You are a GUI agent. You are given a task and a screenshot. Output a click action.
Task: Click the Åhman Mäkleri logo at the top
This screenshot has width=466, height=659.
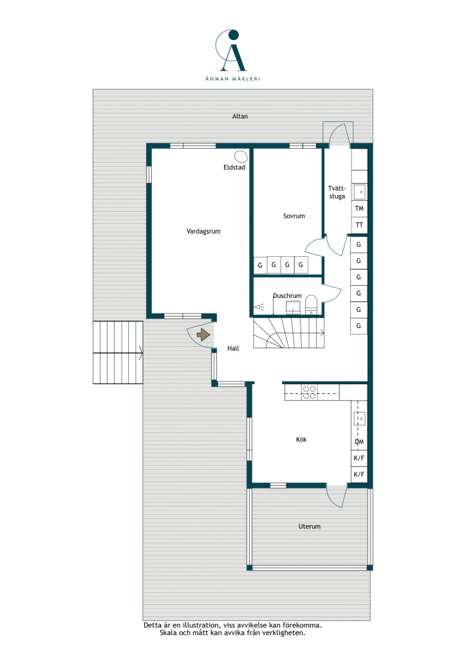click(x=232, y=55)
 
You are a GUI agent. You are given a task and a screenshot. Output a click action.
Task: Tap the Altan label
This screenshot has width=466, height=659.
click(x=240, y=116)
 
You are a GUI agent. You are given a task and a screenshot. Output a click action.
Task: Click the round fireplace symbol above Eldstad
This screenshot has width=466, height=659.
click(x=241, y=157)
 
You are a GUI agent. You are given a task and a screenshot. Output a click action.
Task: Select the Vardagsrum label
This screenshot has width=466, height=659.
click(x=203, y=231)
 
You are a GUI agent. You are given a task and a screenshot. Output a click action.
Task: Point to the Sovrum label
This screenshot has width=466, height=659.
click(x=294, y=216)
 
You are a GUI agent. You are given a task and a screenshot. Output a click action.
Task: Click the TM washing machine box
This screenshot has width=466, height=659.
click(x=359, y=209)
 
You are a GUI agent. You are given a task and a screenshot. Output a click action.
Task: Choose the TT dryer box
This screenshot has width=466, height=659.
click(x=359, y=225)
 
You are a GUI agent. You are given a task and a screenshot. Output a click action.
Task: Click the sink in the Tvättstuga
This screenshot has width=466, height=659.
click(x=360, y=192)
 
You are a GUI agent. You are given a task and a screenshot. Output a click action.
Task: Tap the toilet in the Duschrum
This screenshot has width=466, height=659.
click(x=311, y=304)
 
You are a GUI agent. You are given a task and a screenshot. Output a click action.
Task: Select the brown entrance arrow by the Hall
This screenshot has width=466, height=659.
click(x=203, y=335)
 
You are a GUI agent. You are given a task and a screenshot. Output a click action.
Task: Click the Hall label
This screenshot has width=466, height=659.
click(x=233, y=348)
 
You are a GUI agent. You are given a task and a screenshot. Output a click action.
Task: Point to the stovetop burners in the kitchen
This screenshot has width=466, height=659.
click(x=310, y=393)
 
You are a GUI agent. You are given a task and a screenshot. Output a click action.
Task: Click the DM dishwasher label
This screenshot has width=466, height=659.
click(x=359, y=441)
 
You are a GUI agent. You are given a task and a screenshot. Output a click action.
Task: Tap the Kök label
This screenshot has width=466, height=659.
click(x=301, y=440)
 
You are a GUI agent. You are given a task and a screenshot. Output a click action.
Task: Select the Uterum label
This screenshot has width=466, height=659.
click(x=309, y=526)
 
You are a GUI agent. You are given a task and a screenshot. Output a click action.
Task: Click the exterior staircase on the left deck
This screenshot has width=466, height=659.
click(x=118, y=353)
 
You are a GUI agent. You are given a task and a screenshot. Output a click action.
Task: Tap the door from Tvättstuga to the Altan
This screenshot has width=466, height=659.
click(x=339, y=135)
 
